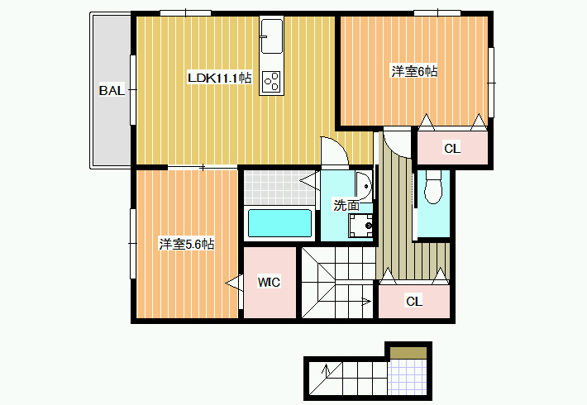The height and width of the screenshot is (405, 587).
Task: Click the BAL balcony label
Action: click(112, 90)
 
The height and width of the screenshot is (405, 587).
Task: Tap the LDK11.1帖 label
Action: click(219, 78)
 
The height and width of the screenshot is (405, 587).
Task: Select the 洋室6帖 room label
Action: click(414, 71)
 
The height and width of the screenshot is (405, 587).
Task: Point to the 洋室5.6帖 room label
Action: click(186, 244)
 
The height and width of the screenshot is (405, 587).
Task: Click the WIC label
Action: click(269, 282)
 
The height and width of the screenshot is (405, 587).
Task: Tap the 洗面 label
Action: click(346, 205)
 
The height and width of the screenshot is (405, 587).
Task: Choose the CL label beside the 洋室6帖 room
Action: click(452, 149)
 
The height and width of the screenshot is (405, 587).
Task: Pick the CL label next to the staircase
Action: click(414, 301)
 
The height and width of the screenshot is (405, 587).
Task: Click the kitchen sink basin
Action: click(271, 36)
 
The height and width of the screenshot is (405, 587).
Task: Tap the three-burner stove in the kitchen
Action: click(271, 81)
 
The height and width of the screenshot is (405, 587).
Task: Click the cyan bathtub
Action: click(279, 223)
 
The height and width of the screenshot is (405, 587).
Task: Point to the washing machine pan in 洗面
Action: click(361, 226)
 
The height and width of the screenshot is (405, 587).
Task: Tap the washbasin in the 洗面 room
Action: click(364, 185)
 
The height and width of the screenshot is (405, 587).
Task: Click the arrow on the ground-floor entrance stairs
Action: click(326, 369)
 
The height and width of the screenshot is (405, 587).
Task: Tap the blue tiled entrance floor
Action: click(408, 377)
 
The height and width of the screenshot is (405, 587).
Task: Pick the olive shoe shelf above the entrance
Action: click(408, 353)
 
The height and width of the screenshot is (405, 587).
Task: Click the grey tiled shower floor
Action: click(279, 187)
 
